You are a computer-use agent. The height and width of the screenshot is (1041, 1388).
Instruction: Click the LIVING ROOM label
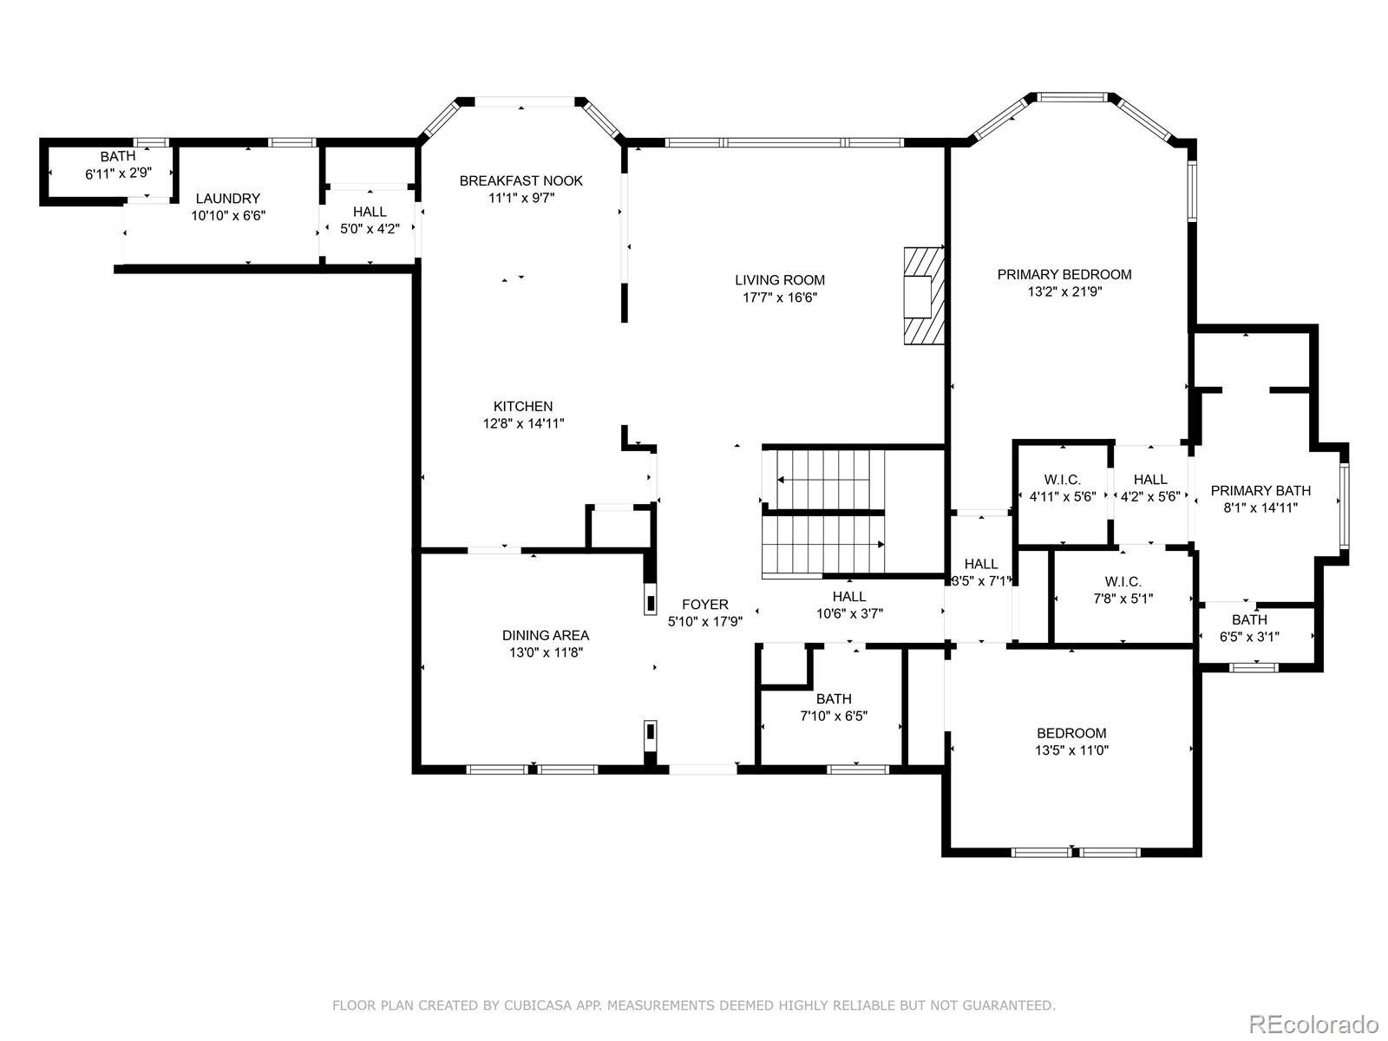click(780, 280)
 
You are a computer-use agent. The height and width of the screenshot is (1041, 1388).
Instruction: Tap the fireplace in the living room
click(923, 296)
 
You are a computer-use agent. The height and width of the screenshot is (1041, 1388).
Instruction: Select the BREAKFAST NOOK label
click(521, 180)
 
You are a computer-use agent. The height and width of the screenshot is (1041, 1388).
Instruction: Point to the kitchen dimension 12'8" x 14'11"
click(524, 423)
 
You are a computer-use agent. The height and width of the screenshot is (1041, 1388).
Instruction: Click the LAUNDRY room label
click(227, 199)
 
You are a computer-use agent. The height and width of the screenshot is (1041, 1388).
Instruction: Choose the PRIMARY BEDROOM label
click(1064, 274)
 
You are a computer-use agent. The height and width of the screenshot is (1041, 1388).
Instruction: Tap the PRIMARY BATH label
click(1260, 490)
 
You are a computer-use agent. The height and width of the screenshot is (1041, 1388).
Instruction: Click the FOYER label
click(705, 605)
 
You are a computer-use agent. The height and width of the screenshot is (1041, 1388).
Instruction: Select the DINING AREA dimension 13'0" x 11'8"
click(546, 652)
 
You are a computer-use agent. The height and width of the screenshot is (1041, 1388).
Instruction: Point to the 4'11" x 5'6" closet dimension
click(1063, 497)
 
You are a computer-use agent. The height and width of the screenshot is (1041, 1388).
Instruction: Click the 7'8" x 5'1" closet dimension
click(1123, 598)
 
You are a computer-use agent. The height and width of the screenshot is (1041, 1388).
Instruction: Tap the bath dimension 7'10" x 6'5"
click(834, 717)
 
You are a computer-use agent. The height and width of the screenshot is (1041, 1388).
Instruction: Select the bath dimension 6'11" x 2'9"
click(118, 173)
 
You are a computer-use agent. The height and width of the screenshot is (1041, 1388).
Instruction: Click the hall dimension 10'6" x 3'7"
click(849, 613)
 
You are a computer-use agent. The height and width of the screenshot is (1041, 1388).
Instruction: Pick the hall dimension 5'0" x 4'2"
click(370, 229)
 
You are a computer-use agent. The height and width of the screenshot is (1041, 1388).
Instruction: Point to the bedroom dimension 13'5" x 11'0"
click(1071, 750)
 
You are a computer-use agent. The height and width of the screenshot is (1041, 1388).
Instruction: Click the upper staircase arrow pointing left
click(822, 480)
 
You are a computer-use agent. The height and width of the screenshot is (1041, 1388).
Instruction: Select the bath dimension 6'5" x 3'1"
click(1249, 637)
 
